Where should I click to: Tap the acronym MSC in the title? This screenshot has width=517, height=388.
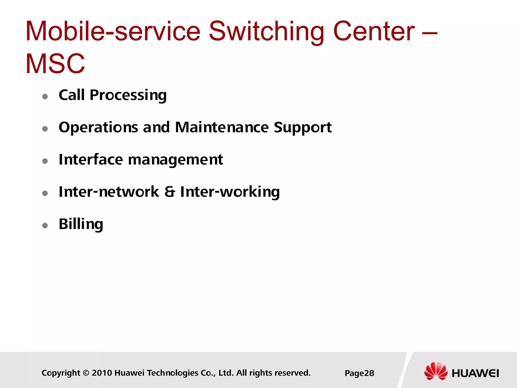point(55,64)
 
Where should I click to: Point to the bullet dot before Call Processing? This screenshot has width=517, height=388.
point(45,96)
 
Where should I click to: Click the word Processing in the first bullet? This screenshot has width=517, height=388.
point(128,95)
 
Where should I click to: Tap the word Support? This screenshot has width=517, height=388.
point(302,128)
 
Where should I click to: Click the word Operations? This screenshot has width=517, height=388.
point(98,128)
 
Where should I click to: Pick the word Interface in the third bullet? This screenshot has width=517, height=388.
point(91,160)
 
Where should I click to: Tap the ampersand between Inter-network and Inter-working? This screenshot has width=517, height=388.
point(170,192)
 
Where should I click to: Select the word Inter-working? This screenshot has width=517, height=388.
point(230,192)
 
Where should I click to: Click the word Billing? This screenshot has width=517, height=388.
point(81,224)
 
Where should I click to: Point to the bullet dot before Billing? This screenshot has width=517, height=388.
point(45,225)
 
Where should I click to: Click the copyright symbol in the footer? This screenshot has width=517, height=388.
point(86,373)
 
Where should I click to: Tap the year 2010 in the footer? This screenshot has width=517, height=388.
point(102,373)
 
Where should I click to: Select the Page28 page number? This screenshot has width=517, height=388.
point(359,373)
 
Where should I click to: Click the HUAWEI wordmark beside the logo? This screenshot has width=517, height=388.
point(475,373)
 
